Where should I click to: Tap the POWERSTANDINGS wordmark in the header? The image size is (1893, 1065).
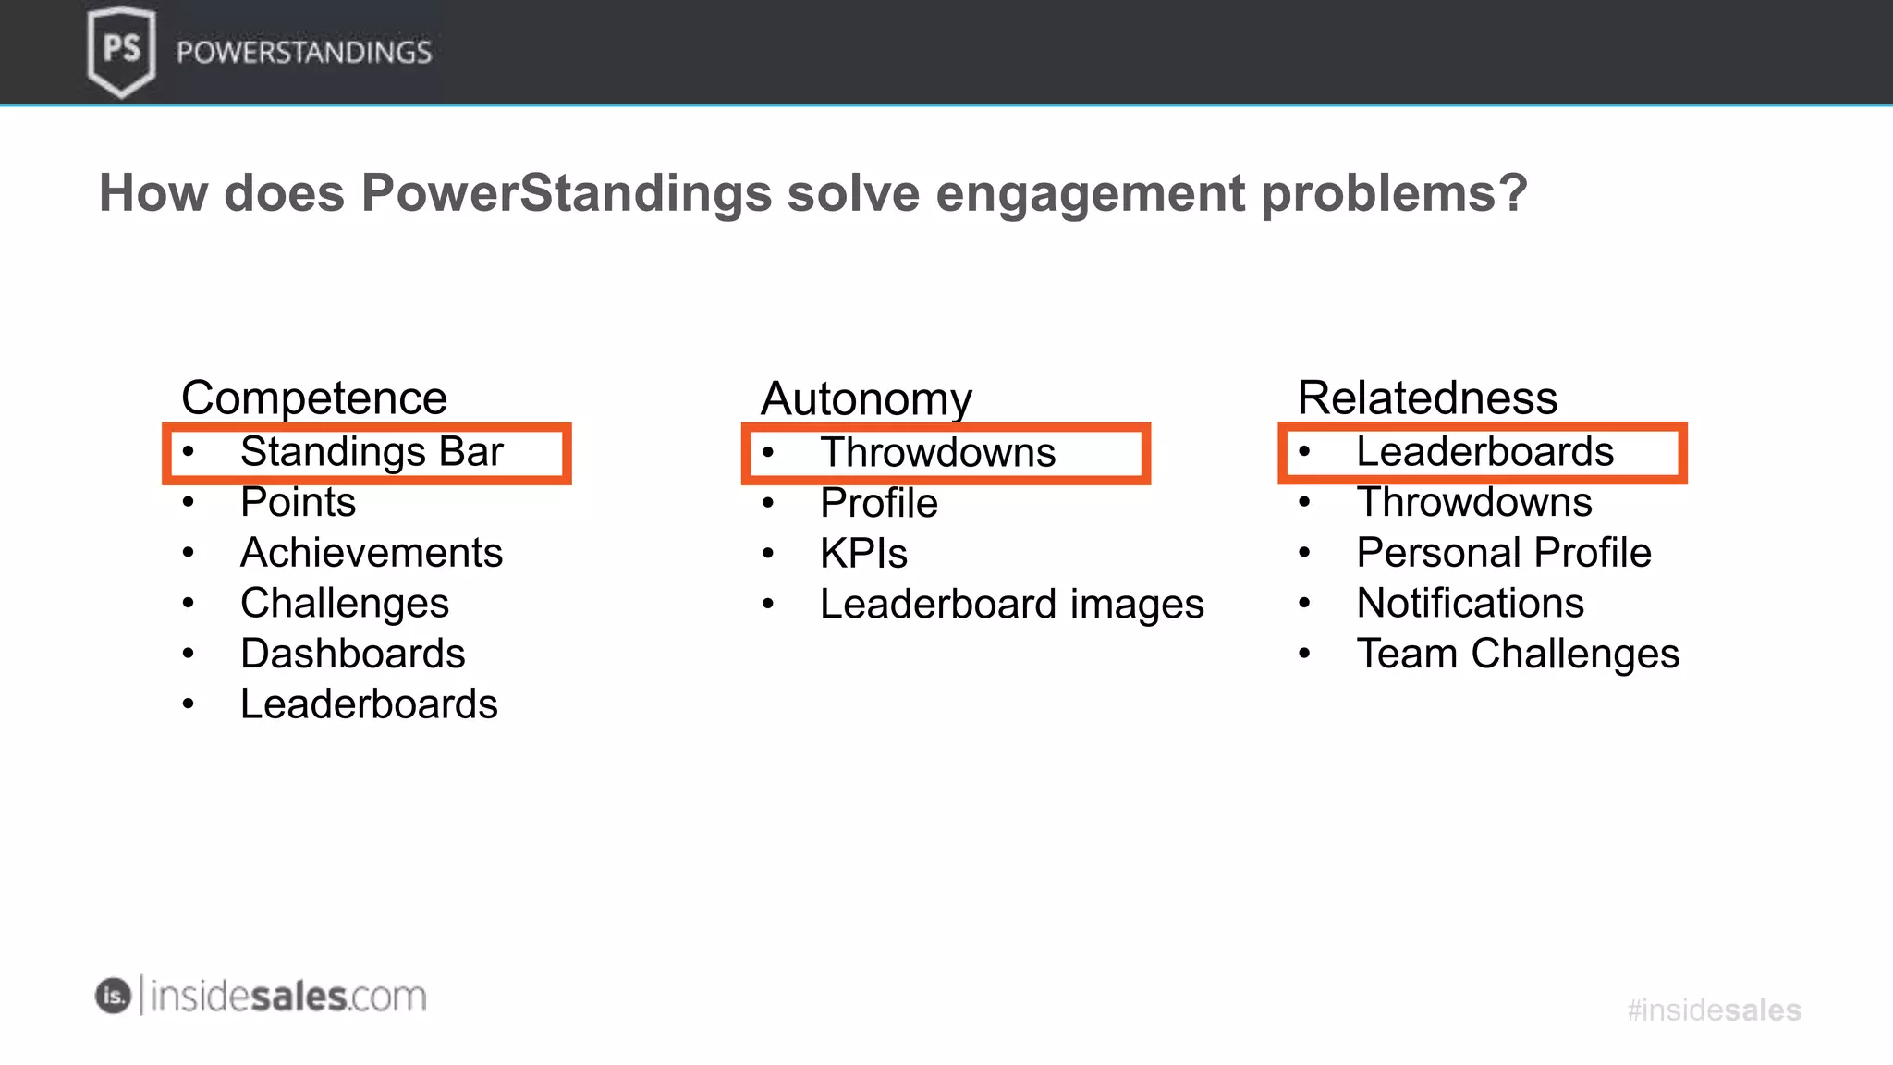click(304, 53)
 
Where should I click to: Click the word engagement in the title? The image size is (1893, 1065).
click(1090, 194)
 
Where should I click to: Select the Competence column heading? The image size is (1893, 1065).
click(314, 398)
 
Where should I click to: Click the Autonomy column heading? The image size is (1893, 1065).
click(866, 398)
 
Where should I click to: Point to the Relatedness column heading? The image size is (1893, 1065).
click(1427, 398)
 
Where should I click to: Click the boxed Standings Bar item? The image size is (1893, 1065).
click(372, 452)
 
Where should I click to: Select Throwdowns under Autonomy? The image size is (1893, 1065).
click(937, 453)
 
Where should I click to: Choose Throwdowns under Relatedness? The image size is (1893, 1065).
click(1473, 503)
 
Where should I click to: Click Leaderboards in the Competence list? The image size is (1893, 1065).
click(369, 704)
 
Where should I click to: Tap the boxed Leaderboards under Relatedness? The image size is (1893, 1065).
click(1484, 452)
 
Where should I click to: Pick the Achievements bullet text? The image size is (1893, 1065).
click(372, 553)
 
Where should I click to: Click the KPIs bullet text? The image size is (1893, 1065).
click(863, 554)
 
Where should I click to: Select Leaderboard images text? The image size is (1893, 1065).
click(1011, 605)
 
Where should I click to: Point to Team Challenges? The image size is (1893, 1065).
click(1517, 654)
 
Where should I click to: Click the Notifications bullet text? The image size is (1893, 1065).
click(1470, 604)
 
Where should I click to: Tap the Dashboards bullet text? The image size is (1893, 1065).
click(352, 654)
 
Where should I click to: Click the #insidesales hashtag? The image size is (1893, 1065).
click(1714, 1010)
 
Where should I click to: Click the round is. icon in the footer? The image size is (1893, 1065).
click(114, 996)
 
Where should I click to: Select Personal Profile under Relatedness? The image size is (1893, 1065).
click(1503, 553)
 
